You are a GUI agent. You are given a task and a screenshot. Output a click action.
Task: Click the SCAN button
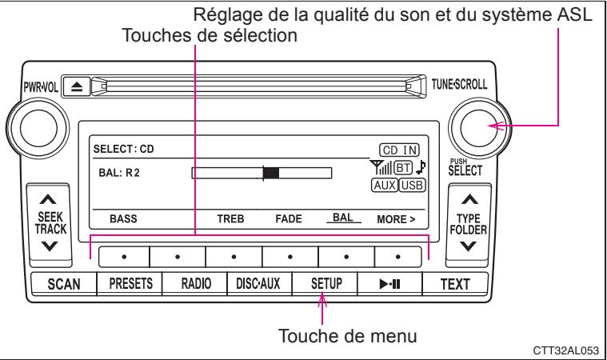[x=61, y=283]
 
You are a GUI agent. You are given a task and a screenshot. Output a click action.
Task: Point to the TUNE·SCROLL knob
[x=473, y=126]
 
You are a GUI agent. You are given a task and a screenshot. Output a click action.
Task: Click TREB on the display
[x=232, y=218]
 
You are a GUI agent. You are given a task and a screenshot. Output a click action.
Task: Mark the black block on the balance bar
[x=271, y=172]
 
